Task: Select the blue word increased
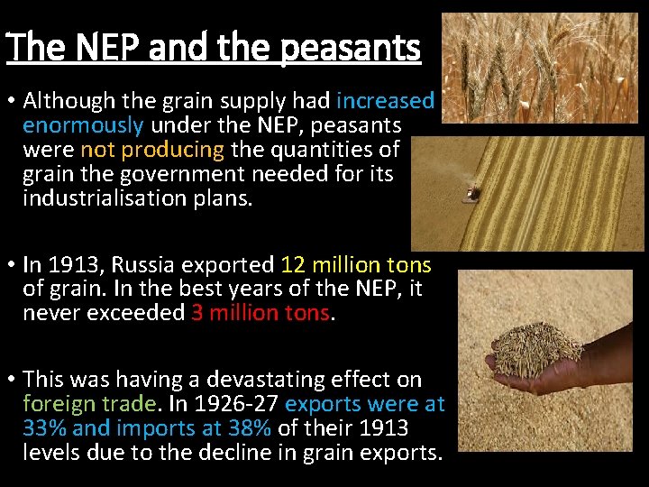(385, 101)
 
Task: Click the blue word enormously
(83, 124)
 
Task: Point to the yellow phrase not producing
(152, 149)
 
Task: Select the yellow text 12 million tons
(356, 264)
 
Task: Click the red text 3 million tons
(261, 313)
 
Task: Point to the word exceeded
(137, 313)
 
